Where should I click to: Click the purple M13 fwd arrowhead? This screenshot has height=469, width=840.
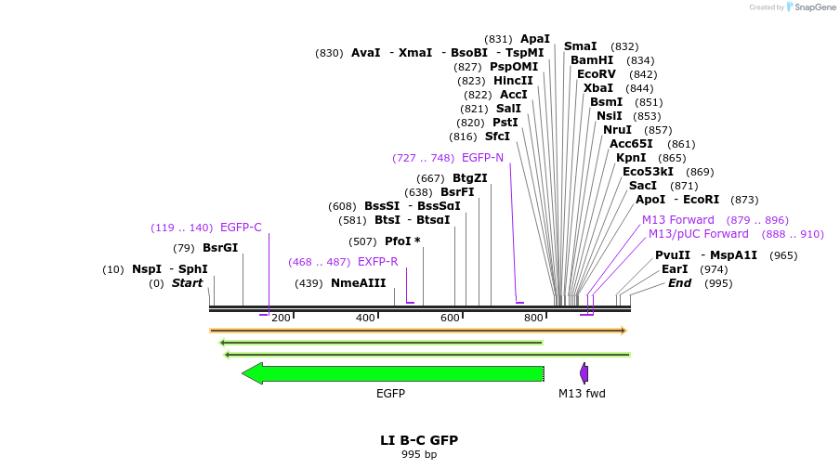pyautogui.click(x=584, y=373)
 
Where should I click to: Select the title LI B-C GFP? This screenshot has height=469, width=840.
pyautogui.click(x=419, y=440)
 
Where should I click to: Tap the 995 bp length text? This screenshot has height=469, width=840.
pyautogui.click(x=419, y=454)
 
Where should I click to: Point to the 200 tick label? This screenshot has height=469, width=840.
pyautogui.click(x=281, y=319)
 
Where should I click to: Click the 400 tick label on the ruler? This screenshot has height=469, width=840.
pyautogui.click(x=366, y=319)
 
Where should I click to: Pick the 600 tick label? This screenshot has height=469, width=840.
pyautogui.click(x=451, y=319)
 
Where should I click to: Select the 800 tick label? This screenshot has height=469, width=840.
pyautogui.click(x=533, y=319)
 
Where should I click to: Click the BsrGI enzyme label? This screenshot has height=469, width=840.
pyautogui.click(x=220, y=248)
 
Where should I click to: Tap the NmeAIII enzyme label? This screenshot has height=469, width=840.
pyautogui.click(x=359, y=283)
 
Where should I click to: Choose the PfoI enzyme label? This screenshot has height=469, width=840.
pyautogui.click(x=402, y=241)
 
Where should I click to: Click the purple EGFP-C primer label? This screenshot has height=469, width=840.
pyautogui.click(x=241, y=228)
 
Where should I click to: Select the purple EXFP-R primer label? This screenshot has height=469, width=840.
pyautogui.click(x=377, y=262)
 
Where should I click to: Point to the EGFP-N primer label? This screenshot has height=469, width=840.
pyautogui.click(x=482, y=158)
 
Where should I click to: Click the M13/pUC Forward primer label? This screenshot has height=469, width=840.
pyautogui.click(x=698, y=234)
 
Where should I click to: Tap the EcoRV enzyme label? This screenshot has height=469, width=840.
pyautogui.click(x=597, y=74)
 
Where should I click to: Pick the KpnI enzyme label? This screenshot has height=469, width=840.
pyautogui.click(x=631, y=158)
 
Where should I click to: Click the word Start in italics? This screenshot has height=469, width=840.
pyautogui.click(x=187, y=283)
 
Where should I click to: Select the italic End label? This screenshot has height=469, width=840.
pyautogui.click(x=679, y=283)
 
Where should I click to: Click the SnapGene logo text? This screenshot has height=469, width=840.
pyautogui.click(x=815, y=7)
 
